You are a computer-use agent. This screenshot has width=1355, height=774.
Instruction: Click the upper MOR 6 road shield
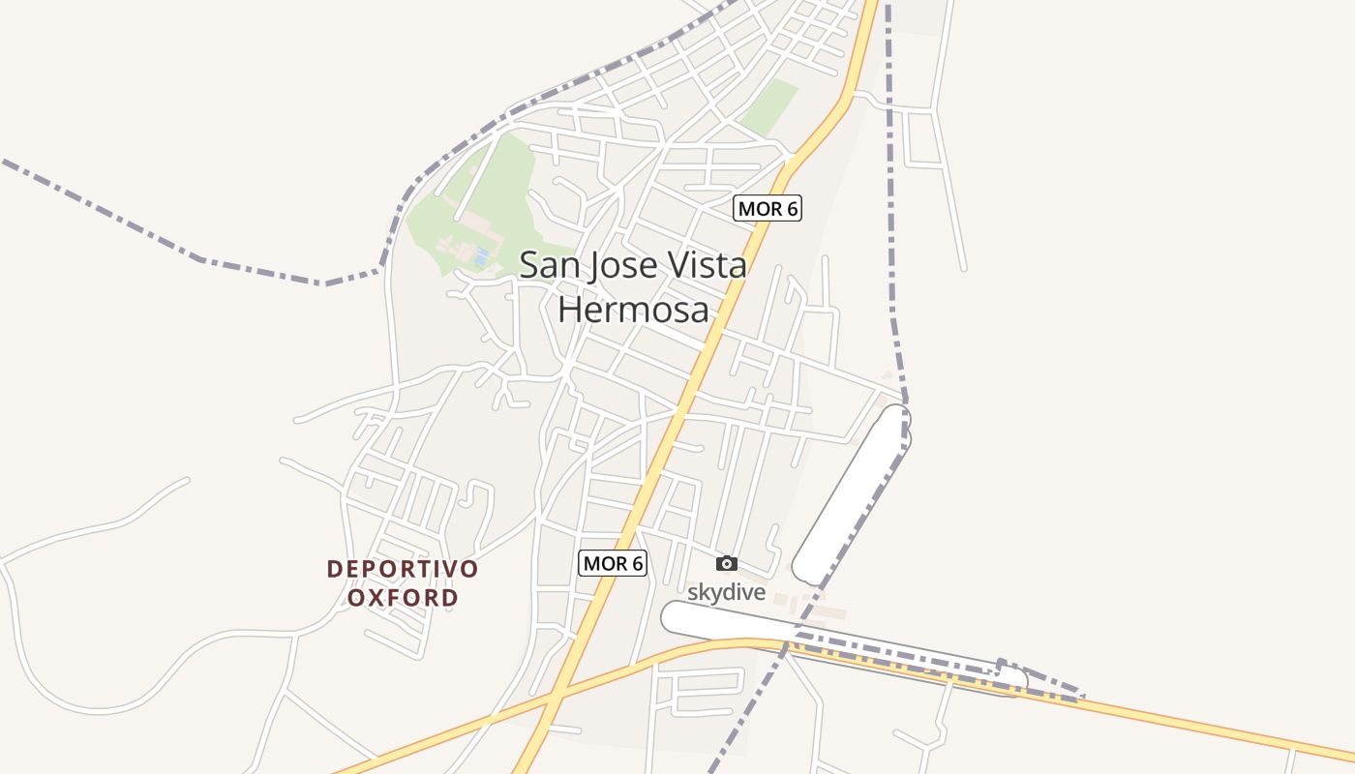768,208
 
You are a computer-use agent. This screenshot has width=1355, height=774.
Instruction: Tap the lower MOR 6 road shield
612,563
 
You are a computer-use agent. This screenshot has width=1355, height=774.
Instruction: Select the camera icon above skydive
726,563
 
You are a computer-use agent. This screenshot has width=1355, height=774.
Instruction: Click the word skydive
726,591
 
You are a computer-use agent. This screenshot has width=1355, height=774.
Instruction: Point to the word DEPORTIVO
403,569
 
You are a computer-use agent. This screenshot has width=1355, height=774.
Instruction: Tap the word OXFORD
403,598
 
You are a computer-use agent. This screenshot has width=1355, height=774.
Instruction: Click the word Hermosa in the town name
634,310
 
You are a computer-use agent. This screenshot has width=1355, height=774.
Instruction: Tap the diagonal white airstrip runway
852,493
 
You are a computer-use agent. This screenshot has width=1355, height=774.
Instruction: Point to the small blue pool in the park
481,256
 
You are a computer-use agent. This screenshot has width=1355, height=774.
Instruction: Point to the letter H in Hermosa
570,310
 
